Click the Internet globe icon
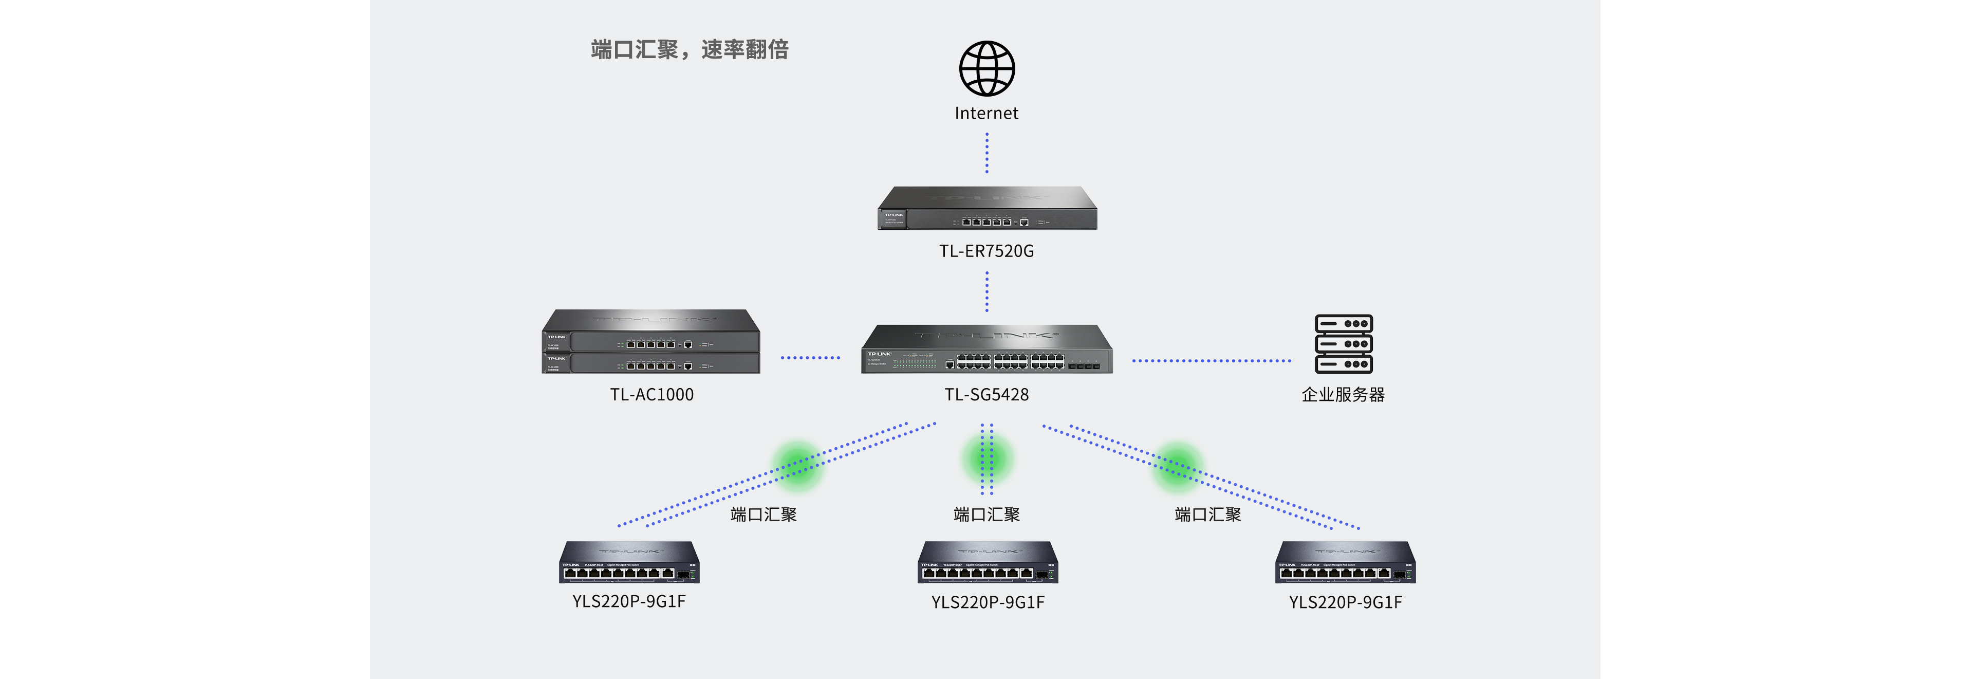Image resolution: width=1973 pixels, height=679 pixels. [x=986, y=68]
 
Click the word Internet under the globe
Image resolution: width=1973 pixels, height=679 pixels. [x=986, y=114]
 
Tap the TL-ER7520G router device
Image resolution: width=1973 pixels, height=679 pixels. [x=987, y=209]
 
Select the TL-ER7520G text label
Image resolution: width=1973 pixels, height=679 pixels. [x=986, y=251]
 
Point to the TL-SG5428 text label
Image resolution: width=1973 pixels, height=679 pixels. [x=986, y=395]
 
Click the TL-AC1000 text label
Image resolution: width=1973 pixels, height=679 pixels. [x=652, y=395]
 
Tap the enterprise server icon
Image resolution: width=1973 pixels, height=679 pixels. [x=1344, y=344]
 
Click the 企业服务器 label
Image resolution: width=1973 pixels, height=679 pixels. [x=1344, y=395]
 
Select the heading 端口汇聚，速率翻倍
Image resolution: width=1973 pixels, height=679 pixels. [x=690, y=50]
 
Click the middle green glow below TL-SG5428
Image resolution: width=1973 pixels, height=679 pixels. [x=987, y=459]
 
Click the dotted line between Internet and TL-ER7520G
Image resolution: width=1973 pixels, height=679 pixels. [x=986, y=153]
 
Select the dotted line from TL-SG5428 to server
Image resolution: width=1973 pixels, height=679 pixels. [x=1211, y=360]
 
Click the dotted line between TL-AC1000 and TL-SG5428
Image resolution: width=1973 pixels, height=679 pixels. [x=810, y=357]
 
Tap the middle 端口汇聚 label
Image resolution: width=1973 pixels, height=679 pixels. [x=986, y=514]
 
